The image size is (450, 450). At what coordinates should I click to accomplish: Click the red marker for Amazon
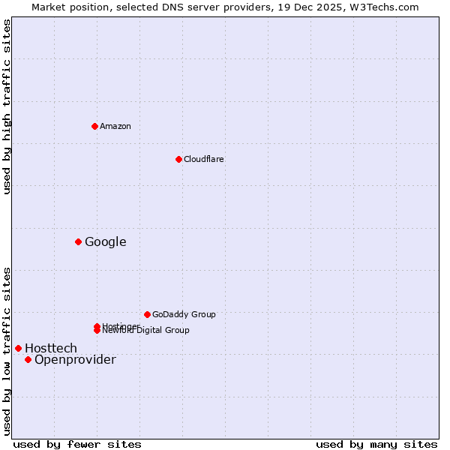[94, 126]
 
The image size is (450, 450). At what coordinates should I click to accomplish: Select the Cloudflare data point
[178, 159]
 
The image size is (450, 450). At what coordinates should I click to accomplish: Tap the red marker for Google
[78, 241]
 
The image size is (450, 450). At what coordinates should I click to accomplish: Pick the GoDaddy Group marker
[147, 314]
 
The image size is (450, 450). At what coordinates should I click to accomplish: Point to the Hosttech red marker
[18, 348]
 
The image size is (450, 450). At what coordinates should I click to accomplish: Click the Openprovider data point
[28, 359]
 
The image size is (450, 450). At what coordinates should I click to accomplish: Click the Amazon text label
[115, 126]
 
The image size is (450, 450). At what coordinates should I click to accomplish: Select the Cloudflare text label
[204, 159]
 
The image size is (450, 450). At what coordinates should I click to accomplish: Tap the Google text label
[106, 241]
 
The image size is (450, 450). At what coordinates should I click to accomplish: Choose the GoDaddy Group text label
[184, 314]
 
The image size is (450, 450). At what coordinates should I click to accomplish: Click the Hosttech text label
[51, 348]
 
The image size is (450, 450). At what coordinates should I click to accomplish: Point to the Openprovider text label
[75, 360]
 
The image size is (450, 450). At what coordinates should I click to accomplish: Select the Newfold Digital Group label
[146, 330]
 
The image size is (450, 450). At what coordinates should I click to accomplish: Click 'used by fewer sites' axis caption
[77, 444]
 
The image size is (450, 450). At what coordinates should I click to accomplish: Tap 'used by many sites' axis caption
[376, 444]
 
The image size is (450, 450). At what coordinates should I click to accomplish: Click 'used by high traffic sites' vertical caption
[7, 106]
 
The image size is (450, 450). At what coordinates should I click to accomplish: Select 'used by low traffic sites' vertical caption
[7, 350]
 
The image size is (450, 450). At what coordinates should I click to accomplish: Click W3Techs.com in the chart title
[387, 7]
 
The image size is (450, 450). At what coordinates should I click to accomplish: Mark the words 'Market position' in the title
[65, 7]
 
